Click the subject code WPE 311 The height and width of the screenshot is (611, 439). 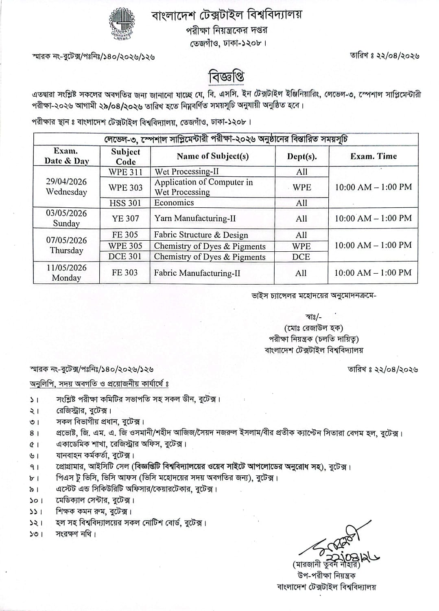point(125,172)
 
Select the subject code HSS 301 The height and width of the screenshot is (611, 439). point(125,203)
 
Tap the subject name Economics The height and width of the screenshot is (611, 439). point(174,203)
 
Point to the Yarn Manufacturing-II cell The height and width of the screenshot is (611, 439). point(195,219)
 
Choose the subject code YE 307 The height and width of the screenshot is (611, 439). point(125,219)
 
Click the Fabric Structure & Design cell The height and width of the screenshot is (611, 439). point(201,235)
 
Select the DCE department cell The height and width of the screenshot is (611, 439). point(301,257)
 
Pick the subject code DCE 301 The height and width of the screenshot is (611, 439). point(125,257)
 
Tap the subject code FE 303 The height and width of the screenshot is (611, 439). point(125,273)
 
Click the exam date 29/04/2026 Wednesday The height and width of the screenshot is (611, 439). point(66,187)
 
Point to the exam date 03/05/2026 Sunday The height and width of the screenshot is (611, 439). point(66,218)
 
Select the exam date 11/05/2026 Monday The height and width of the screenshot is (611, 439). point(66,273)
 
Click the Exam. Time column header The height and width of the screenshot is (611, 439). point(373,156)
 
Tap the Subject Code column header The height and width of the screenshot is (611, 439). point(125,156)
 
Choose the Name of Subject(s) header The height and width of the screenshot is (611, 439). point(212,156)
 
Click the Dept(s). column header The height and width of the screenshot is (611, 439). point(301,156)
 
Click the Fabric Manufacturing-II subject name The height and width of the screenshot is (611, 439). point(197,273)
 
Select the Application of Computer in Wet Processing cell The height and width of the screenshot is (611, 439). point(203,187)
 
